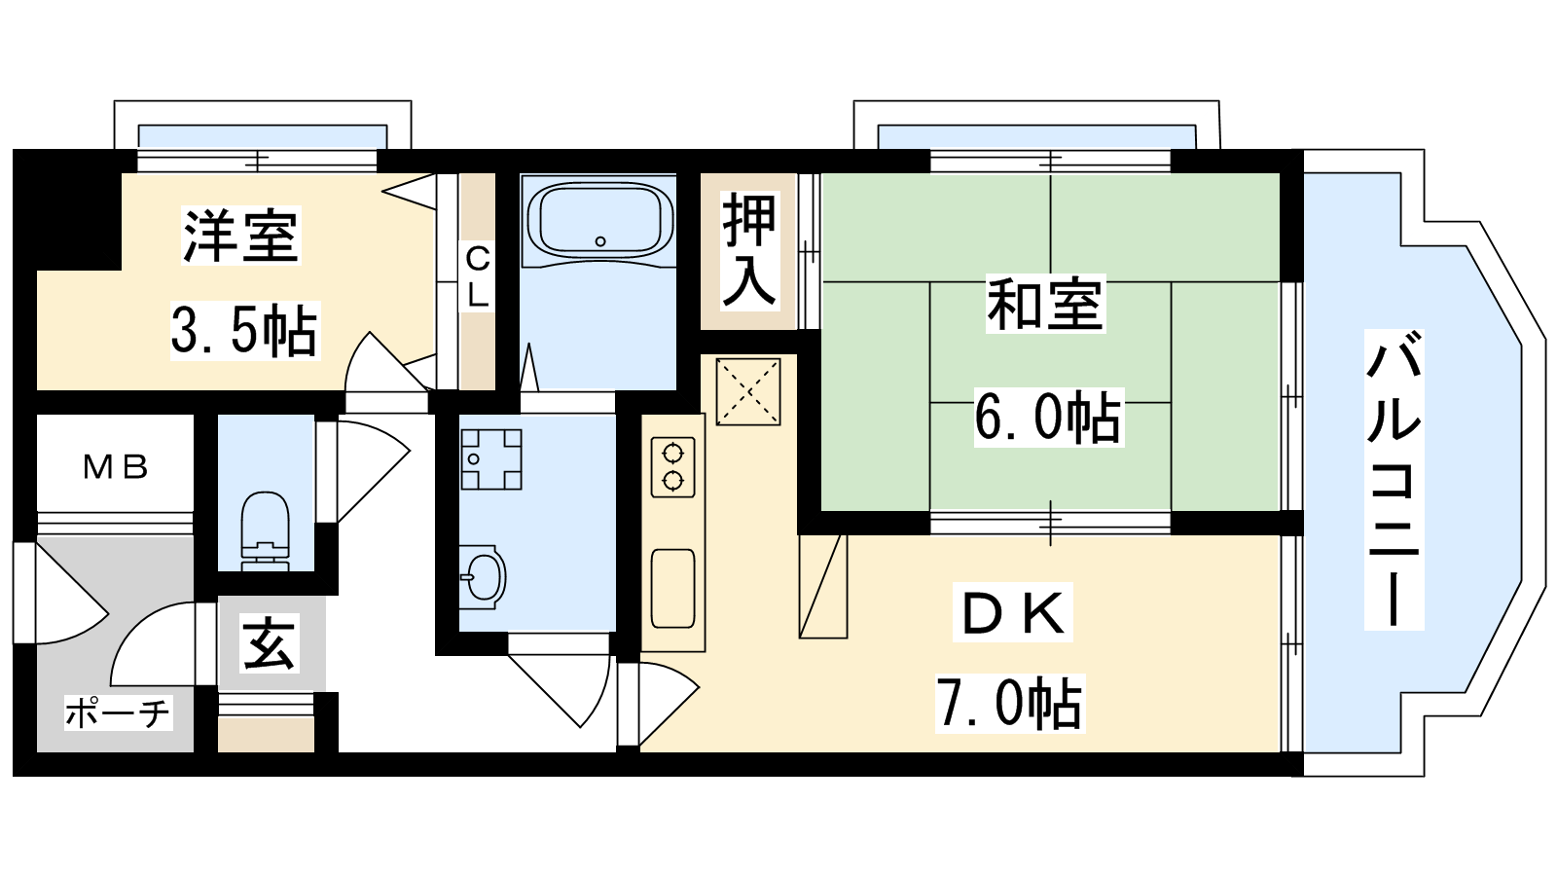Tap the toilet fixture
[x=265, y=531]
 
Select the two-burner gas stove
[x=672, y=467]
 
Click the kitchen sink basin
[x=672, y=588]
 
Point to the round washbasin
[x=483, y=577]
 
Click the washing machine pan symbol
[x=490, y=458]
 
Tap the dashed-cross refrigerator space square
[x=748, y=390]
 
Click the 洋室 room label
[x=240, y=235]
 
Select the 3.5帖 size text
[x=244, y=331]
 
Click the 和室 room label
[x=1045, y=304]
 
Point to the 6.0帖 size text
[x=1048, y=418]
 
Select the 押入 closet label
[x=749, y=249]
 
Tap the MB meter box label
[x=116, y=467]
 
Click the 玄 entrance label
[x=270, y=643]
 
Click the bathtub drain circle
[x=600, y=241]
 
